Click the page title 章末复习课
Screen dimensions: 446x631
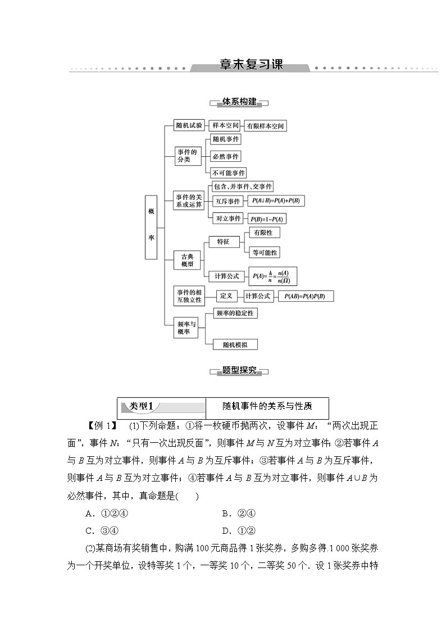[250, 65]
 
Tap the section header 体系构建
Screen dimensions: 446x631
[239, 102]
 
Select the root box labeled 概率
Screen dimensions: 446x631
[151, 227]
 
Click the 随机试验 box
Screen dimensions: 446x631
[189, 125]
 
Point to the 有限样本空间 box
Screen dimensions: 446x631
[265, 126]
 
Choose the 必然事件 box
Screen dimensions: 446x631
[225, 156]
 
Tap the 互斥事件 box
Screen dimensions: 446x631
[227, 201]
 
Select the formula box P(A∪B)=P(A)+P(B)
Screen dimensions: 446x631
[275, 201]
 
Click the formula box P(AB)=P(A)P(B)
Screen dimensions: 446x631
[306, 296]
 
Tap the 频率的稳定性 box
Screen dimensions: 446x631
[236, 313]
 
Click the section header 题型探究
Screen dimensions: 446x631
[239, 370]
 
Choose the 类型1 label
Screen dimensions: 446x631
[145, 406]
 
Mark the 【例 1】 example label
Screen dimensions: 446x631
[102, 425]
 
